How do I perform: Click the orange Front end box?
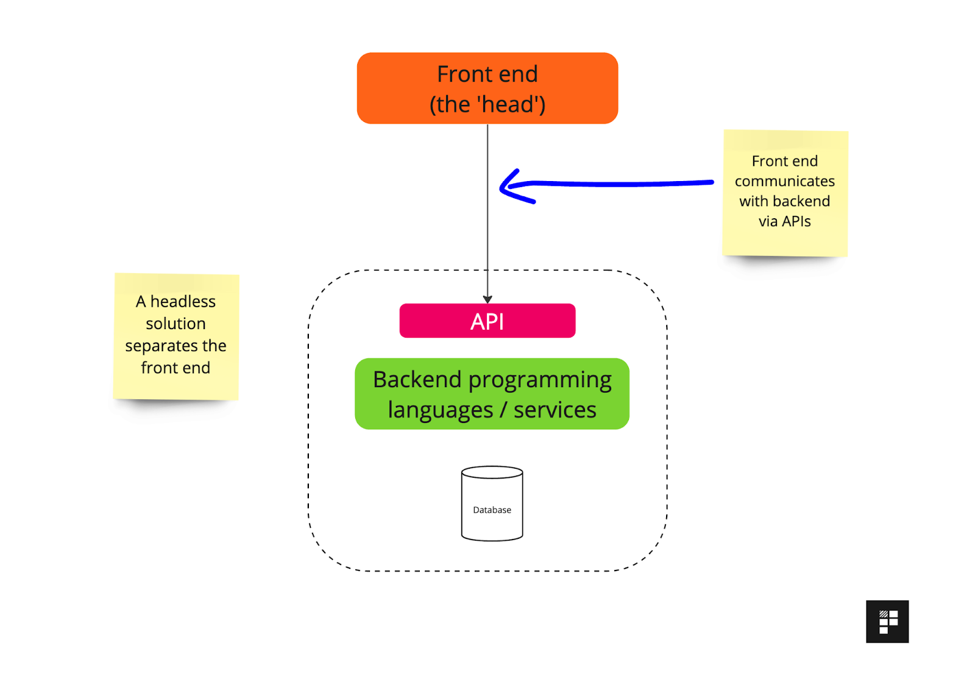tap(487, 88)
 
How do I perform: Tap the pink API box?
tap(487, 321)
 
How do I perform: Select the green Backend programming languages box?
tap(492, 394)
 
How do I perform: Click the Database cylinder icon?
tap(492, 504)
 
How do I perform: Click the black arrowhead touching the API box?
tap(487, 299)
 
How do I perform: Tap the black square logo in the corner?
tap(887, 621)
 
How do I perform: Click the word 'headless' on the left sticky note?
tap(183, 302)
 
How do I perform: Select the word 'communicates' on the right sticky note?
tap(784, 181)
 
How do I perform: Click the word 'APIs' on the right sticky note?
tap(796, 221)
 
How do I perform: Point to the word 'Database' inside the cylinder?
tap(492, 510)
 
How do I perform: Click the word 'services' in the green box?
tap(555, 410)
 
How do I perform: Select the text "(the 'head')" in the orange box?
tap(487, 104)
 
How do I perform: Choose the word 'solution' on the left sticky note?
tap(175, 324)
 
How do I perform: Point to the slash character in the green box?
tap(503, 410)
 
